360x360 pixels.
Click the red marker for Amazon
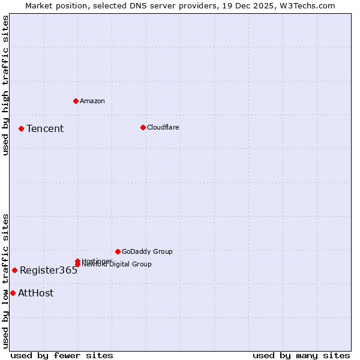[76, 101]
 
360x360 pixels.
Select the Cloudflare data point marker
[143, 127]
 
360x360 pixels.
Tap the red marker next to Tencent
[21, 128]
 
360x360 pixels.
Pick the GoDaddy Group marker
[118, 251]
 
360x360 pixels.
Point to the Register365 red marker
[14, 270]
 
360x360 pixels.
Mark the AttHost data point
[13, 293]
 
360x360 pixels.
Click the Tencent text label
[45, 129]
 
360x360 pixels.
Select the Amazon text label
[92, 101]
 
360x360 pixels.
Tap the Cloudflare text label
[163, 127]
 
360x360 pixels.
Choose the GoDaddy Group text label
[147, 252]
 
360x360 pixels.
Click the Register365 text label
[49, 271]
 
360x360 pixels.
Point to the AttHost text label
[36, 293]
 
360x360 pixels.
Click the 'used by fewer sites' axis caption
[62, 355]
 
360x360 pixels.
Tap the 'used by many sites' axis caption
[301, 355]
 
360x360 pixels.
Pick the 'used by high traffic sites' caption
[6, 85]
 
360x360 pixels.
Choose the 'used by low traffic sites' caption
[6, 281]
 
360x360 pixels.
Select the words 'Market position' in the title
[53, 5]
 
